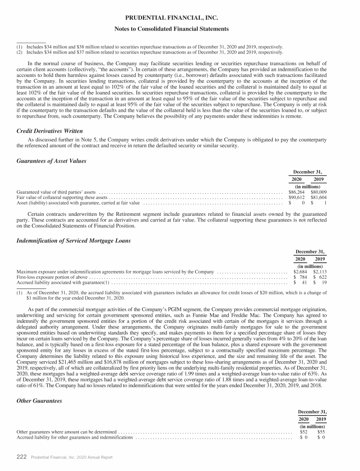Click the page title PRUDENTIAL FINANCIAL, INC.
coord(180,19)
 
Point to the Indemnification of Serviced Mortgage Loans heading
coord(74,241)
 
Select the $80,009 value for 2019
coord(318,192)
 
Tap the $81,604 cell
coord(318,198)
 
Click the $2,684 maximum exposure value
coord(300,272)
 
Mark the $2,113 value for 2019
coord(320,272)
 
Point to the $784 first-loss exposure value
coord(301,277)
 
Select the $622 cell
coord(321,277)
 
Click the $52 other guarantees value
coord(304,432)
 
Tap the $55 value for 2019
coord(321,432)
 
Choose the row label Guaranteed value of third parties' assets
coord(56,192)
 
